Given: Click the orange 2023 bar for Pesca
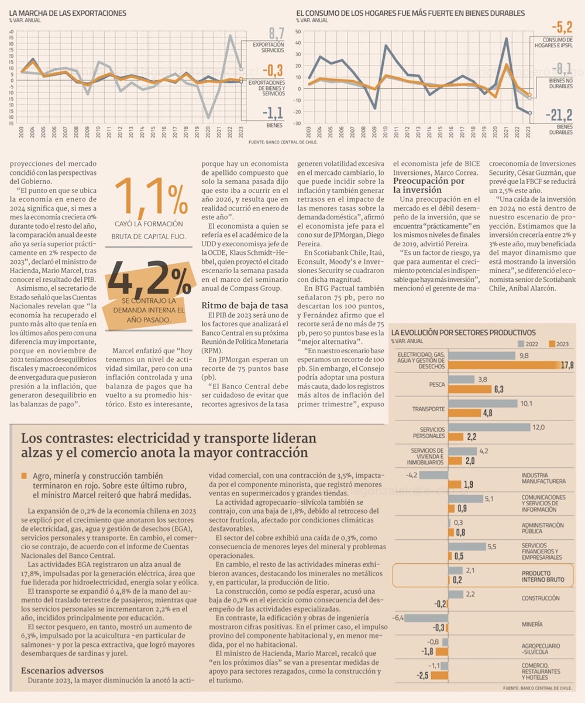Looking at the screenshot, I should (462, 389).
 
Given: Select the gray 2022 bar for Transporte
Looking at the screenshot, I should (483, 404).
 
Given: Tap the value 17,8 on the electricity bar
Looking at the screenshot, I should (566, 365).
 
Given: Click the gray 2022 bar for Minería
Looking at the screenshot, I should (426, 618).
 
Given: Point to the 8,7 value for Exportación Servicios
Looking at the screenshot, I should (277, 32).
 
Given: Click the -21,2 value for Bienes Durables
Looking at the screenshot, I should (558, 116).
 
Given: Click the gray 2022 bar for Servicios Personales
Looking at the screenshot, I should (488, 427).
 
